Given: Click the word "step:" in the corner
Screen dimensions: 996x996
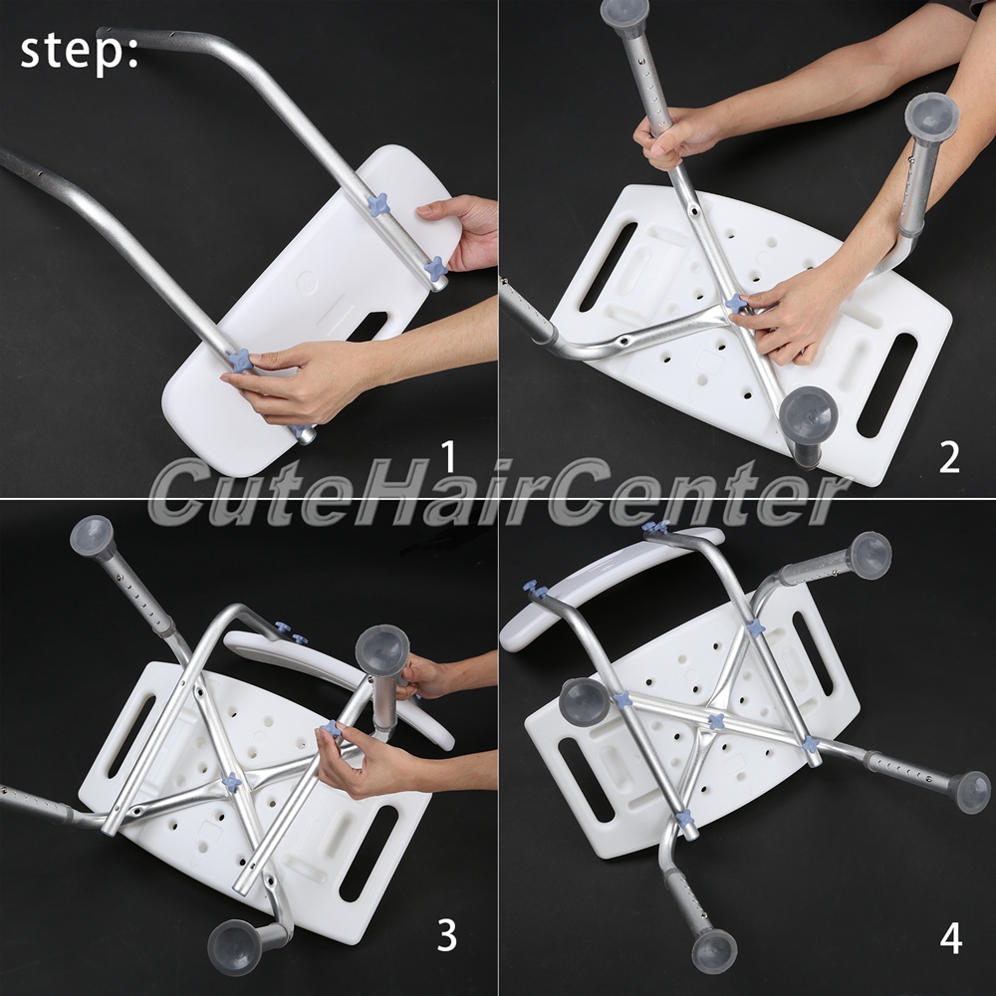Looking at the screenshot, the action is click(x=79, y=52).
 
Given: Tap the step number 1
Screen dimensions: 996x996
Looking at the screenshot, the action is click(x=448, y=457).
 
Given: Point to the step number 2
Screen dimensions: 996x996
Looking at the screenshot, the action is click(x=949, y=457).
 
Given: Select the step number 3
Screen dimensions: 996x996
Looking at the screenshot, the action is click(x=446, y=935).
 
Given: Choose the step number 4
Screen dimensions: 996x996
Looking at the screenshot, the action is click(x=950, y=938).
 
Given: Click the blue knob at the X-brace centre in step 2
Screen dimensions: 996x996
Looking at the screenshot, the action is click(x=738, y=304).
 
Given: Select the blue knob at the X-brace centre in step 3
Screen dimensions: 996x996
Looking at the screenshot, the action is click(x=232, y=783).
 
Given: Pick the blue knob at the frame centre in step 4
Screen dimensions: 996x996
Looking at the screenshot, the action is click(x=716, y=722).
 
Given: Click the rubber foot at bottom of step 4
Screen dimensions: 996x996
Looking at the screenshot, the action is click(x=714, y=950).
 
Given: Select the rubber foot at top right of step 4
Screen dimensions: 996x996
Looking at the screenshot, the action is click(x=870, y=555).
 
